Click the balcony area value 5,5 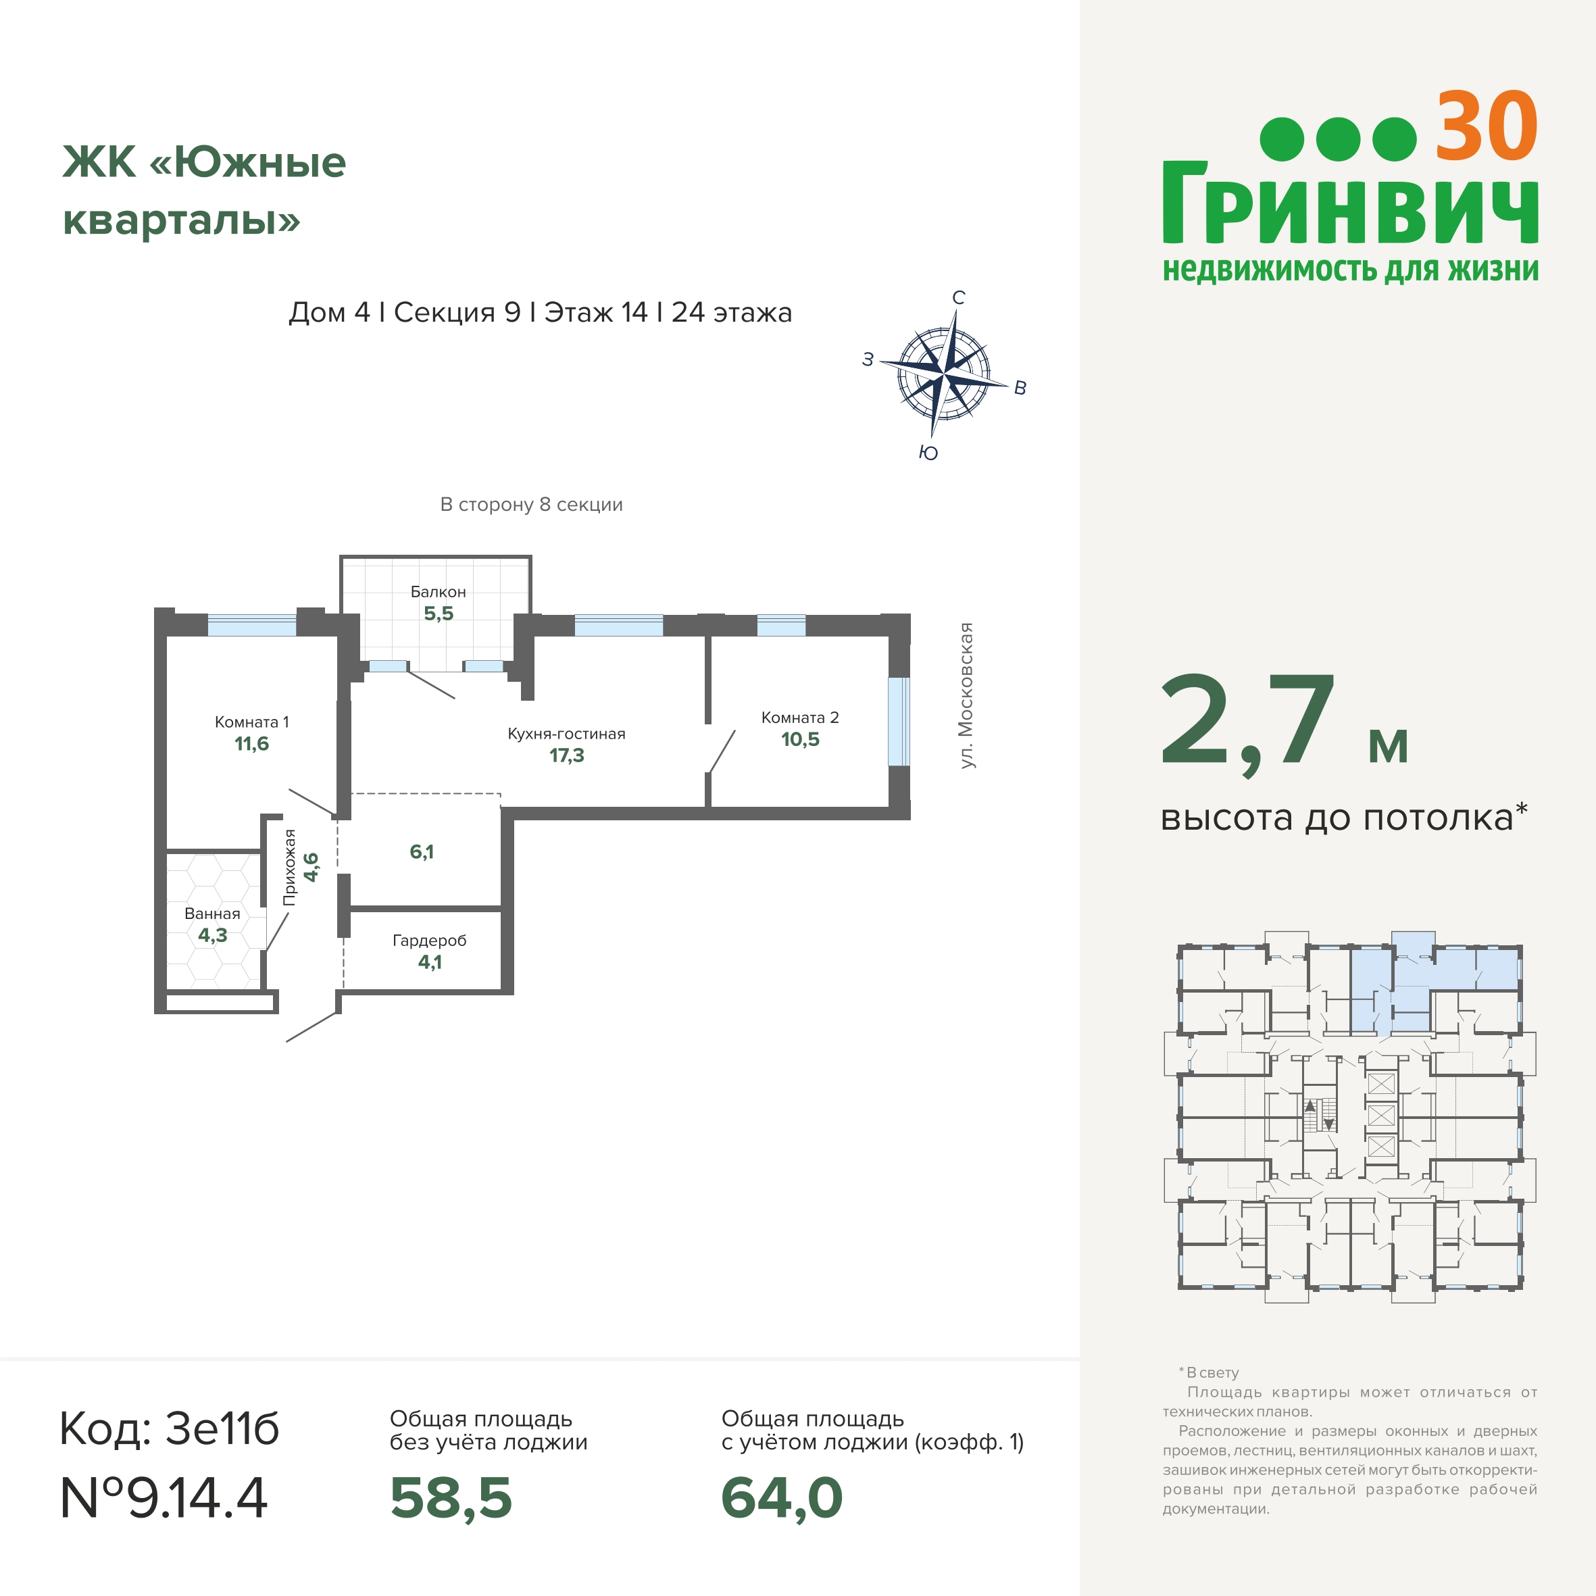pyautogui.click(x=439, y=614)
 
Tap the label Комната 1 pyautogui.click(x=252, y=722)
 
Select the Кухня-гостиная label pyautogui.click(x=567, y=734)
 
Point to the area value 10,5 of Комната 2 pyautogui.click(x=801, y=739)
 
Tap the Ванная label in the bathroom pyautogui.click(x=212, y=914)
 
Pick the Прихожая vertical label pyautogui.click(x=289, y=868)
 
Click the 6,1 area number pyautogui.click(x=422, y=851)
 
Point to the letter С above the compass pyautogui.click(x=959, y=297)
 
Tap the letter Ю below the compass pyautogui.click(x=928, y=453)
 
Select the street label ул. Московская pyautogui.click(x=966, y=695)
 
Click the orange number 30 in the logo pyautogui.click(x=1486, y=127)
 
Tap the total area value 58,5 pyautogui.click(x=451, y=1498)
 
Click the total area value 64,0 pyautogui.click(x=782, y=1498)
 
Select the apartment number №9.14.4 pyautogui.click(x=164, y=1498)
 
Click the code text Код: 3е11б pyautogui.click(x=170, y=1428)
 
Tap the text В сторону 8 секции pyautogui.click(x=531, y=505)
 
